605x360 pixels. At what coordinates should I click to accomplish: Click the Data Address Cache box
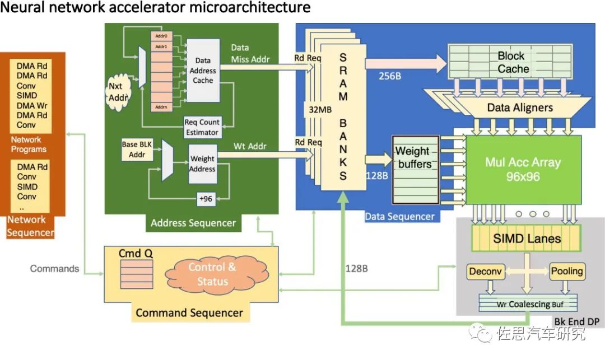(203, 71)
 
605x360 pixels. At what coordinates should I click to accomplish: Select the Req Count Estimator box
(202, 127)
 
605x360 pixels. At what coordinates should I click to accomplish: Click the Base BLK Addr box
(137, 149)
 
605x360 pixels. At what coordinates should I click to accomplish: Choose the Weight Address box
(202, 163)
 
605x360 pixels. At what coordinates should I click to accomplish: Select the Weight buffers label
(414, 157)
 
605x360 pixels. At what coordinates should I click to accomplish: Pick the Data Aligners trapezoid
(519, 107)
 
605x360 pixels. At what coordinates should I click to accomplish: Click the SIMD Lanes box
(527, 239)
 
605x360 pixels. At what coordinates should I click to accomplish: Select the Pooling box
(567, 272)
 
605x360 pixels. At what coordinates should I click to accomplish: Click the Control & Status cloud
(212, 274)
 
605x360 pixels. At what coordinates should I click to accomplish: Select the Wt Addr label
(249, 147)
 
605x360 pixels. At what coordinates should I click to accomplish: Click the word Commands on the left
(54, 269)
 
